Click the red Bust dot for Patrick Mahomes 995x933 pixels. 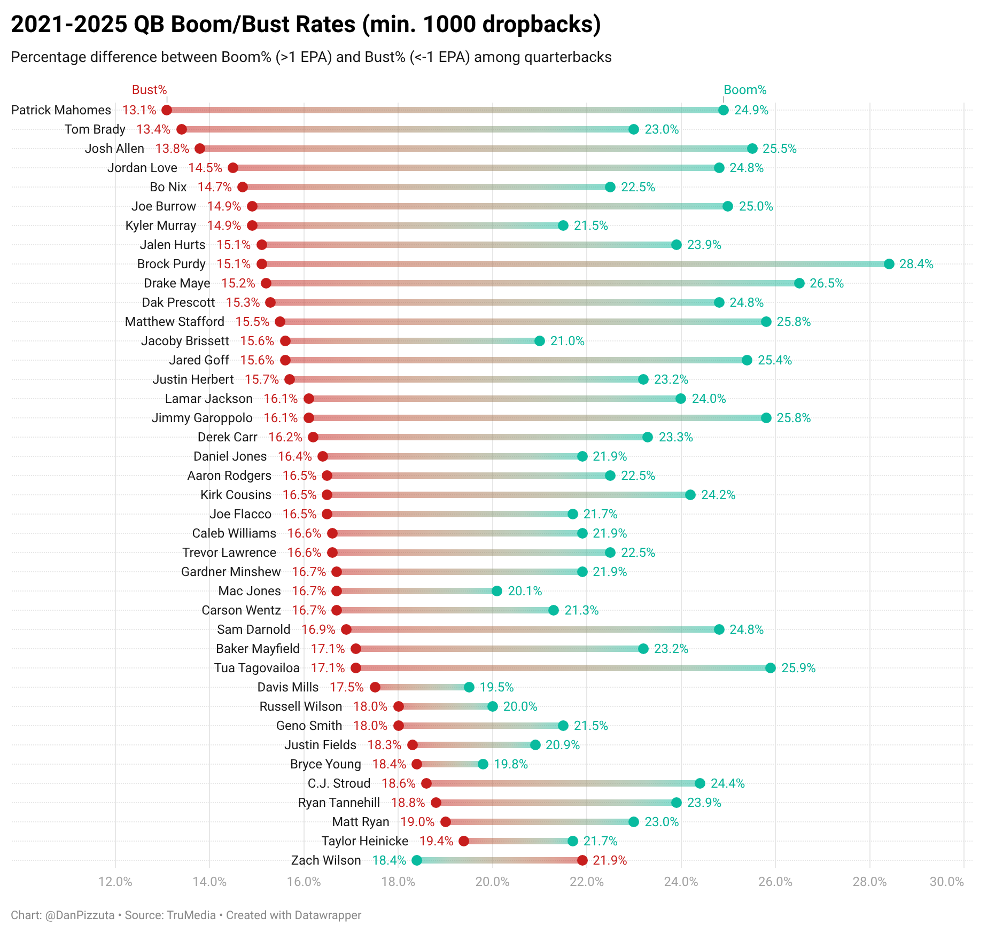point(167,110)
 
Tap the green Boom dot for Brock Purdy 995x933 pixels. point(889,264)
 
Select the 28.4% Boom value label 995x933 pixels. point(916,264)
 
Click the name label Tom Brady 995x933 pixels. point(95,129)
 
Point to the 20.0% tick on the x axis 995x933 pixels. point(492,882)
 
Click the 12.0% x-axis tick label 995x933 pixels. point(115,882)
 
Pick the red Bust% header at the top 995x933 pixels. point(150,90)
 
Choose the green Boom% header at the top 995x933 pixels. point(745,90)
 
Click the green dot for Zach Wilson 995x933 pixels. point(417,860)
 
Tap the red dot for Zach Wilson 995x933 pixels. point(582,860)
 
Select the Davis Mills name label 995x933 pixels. point(288,687)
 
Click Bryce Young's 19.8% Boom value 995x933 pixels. point(510,764)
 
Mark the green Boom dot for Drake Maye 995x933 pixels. point(799,283)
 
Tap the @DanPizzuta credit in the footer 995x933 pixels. point(80,915)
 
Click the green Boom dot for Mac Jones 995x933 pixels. point(497,591)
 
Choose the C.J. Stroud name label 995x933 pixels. point(339,783)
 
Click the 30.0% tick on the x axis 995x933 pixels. point(946,882)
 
